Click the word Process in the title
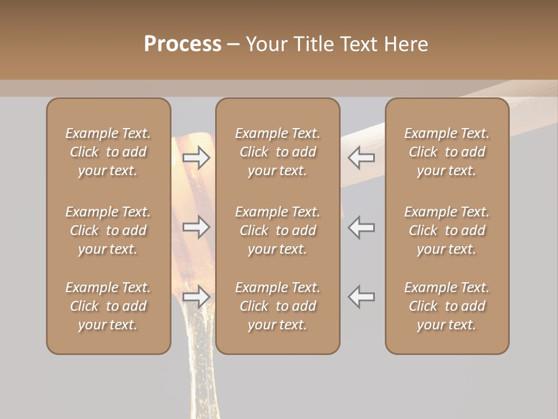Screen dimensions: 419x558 click(x=183, y=44)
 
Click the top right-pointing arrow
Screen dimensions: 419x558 click(x=196, y=157)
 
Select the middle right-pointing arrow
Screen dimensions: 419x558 click(x=196, y=226)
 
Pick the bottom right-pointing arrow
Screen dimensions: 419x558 click(x=196, y=297)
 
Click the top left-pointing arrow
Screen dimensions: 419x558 click(x=361, y=157)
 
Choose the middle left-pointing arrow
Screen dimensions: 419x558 click(x=361, y=226)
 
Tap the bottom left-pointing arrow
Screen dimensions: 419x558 click(x=361, y=297)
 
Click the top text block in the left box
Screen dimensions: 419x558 click(x=108, y=152)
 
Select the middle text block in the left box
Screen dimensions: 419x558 click(x=108, y=230)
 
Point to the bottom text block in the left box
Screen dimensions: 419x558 click(x=108, y=306)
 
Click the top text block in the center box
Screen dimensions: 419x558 click(x=277, y=152)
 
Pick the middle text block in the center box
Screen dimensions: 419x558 click(x=277, y=230)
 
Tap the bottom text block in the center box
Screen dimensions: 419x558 click(x=277, y=306)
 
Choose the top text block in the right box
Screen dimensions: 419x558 click(x=446, y=152)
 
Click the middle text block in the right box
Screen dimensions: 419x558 click(x=446, y=230)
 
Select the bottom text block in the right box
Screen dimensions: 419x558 click(x=446, y=306)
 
